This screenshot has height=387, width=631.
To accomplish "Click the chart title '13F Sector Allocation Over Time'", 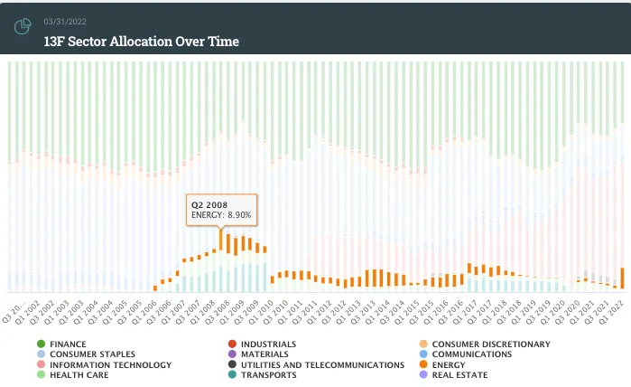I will coord(141,42).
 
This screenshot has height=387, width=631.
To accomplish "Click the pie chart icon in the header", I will coord(23,28).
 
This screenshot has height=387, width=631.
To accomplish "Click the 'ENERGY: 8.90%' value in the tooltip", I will coord(220,216).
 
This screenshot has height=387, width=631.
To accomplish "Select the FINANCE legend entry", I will coord(68,345).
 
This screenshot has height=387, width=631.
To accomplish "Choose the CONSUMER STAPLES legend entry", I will coord(92,354).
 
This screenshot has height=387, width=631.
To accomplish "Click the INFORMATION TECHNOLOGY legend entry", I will coord(110,364).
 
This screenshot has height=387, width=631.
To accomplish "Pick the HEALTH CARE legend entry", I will coord(79,375).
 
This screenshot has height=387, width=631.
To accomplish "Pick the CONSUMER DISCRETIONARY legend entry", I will coord(490,345).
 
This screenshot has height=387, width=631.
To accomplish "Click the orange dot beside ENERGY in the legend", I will coord(423,364).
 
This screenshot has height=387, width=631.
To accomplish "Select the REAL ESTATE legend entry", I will coord(459,375).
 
